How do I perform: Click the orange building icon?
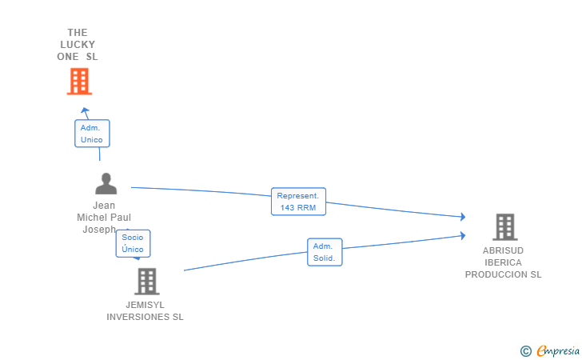point(79,82)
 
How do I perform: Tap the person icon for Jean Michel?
point(106,183)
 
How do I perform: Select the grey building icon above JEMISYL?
point(147,282)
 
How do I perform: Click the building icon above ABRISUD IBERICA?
point(505,227)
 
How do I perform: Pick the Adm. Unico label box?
point(92,134)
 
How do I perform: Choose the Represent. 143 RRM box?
point(298,202)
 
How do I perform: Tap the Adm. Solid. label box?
point(325,252)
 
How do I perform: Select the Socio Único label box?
point(133,243)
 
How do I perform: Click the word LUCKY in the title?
point(78,45)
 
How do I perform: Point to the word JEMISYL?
point(145,305)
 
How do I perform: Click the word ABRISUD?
point(503,250)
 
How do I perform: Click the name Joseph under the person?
point(99,230)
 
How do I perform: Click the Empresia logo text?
point(558,350)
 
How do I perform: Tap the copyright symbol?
point(526,351)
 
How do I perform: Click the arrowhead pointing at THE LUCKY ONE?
point(85,110)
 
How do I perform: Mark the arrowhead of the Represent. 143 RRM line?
point(463,217)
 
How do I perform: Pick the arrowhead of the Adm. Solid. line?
point(463,235)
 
